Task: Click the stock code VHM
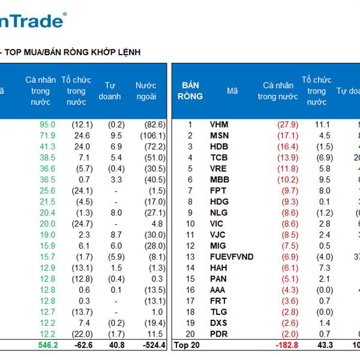point(219,125)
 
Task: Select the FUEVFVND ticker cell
point(232,257)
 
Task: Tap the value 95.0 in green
point(47,125)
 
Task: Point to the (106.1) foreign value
point(153,136)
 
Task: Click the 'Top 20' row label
point(186,346)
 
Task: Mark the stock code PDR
point(219,334)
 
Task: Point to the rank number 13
point(190,257)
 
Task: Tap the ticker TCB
point(219,158)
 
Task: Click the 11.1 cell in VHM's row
point(323,125)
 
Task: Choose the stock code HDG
point(220,202)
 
